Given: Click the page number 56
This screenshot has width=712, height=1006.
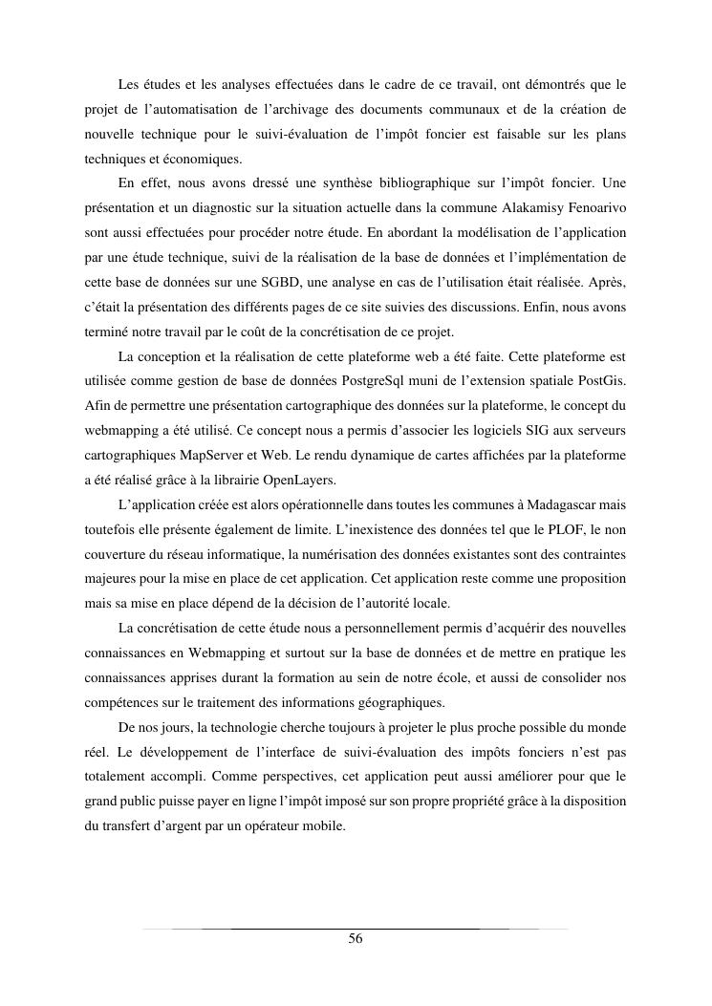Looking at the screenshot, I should [x=356, y=939].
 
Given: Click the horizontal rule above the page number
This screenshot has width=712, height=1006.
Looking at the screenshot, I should [x=356, y=928].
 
